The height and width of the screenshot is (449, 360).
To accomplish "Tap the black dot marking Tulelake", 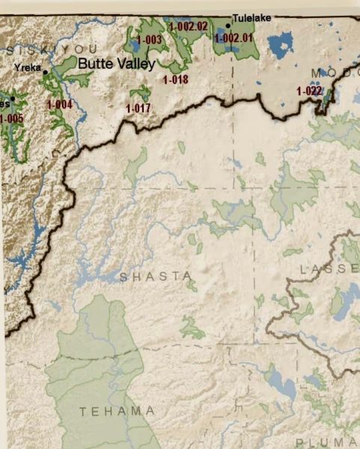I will click(228, 25).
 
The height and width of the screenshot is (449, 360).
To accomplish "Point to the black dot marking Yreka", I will click(45, 72).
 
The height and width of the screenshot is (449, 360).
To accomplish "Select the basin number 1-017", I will click(138, 108).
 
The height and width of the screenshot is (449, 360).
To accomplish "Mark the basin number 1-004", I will click(59, 105).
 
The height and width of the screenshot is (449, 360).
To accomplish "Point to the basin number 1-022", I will click(309, 91).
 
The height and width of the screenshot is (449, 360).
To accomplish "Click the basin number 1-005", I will click(11, 118).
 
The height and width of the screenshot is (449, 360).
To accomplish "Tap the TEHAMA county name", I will click(118, 411).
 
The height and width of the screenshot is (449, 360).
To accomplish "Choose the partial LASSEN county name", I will click(329, 268).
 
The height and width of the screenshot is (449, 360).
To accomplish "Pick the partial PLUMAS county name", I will click(323, 442).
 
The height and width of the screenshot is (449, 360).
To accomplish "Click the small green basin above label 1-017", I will click(140, 93).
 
